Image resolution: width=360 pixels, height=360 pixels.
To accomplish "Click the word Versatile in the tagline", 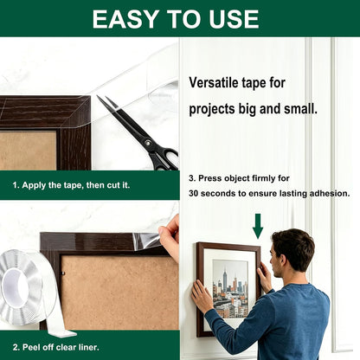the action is [x=213, y=82].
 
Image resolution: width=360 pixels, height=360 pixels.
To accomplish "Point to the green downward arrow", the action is [x=258, y=226].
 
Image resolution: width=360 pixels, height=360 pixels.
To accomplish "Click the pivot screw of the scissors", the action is [x=148, y=143].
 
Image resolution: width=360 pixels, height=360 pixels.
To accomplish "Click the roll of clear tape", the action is [x=29, y=292].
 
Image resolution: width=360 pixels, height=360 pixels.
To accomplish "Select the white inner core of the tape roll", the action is [x=15, y=287].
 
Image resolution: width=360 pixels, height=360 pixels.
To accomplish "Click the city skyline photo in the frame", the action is [x=230, y=289].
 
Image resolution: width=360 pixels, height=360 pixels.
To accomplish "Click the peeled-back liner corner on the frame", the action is [x=146, y=241].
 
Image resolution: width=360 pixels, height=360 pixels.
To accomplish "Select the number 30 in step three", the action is [x=194, y=193].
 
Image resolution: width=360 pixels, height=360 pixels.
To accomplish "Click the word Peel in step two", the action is [x=31, y=347].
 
